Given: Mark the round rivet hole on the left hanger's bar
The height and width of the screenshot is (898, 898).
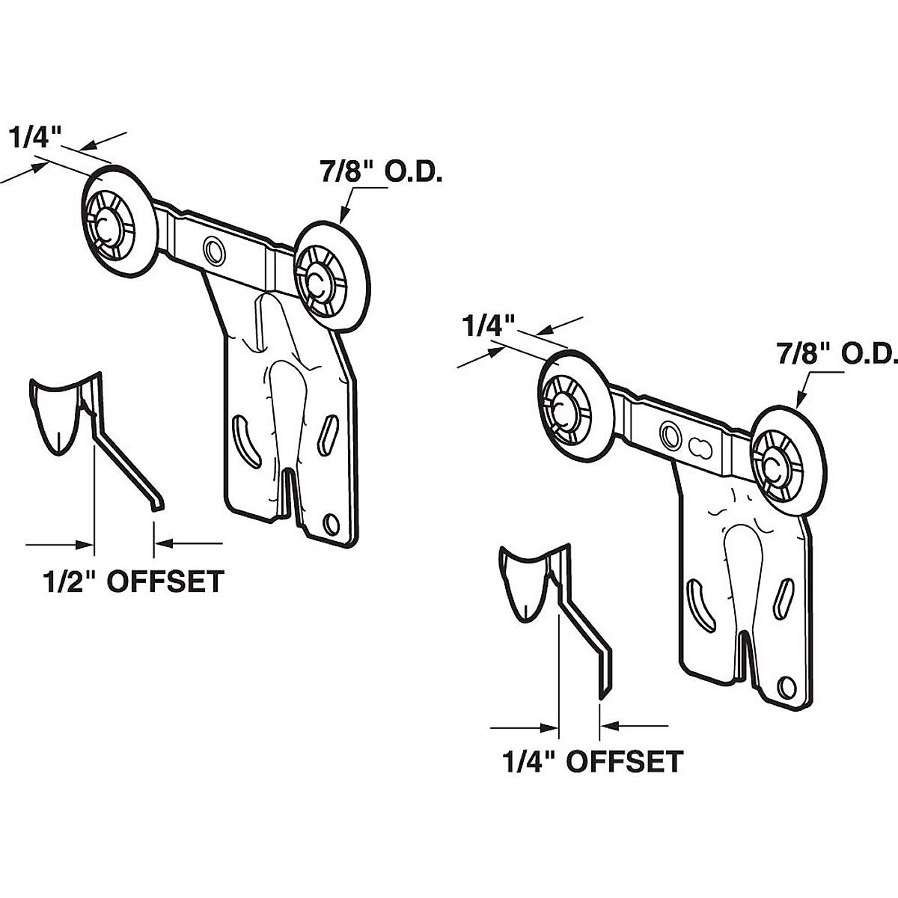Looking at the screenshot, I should pos(214,248).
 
